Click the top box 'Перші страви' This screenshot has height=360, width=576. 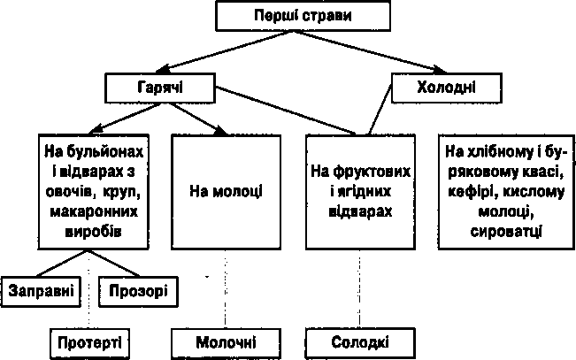303,16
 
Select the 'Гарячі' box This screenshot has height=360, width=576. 160,88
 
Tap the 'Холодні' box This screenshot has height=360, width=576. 446,88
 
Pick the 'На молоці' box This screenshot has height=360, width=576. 227,192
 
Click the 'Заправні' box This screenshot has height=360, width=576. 41,291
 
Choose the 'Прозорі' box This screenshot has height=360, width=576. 139,291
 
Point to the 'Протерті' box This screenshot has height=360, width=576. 89,343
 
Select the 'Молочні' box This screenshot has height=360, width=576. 226,343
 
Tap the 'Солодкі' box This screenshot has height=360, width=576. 360,343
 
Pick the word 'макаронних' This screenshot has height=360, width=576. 94,212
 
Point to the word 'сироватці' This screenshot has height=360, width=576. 506,232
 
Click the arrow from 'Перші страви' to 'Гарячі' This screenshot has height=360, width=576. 225,51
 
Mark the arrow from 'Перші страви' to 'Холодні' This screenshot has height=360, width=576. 370,52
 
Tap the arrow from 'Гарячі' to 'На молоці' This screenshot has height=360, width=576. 198,119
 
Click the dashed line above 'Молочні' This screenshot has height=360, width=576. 226,289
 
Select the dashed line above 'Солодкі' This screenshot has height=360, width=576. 359,289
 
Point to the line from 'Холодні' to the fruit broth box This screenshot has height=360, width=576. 380,110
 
